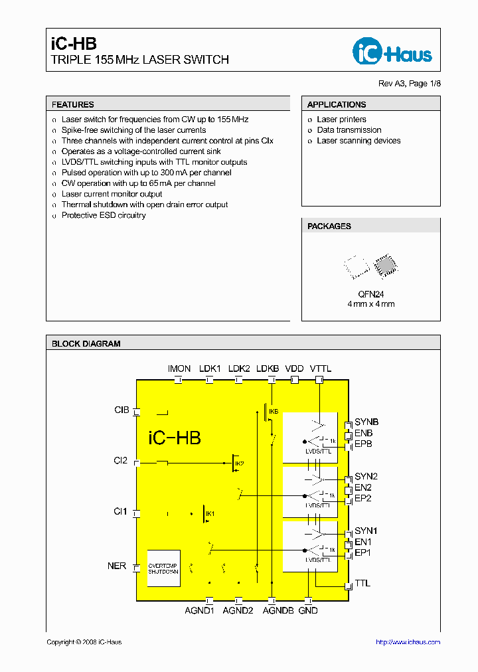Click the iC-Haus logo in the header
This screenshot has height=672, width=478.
coord(392,51)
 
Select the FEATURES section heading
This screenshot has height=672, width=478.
coord(73,104)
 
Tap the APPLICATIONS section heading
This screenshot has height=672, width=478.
coord(337,104)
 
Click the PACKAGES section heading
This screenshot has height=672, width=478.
coord(329,226)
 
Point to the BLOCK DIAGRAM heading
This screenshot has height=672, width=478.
coord(86,343)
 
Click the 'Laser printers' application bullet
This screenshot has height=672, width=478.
coord(341,120)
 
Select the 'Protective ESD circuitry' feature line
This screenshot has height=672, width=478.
coord(104,216)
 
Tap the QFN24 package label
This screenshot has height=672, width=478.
coord(370,294)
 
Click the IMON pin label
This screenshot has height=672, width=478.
coord(179,369)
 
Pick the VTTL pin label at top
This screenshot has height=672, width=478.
coord(321,369)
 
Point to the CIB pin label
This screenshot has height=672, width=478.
coord(121,410)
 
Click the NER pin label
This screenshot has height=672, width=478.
coord(117,566)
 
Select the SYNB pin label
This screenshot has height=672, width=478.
coord(366,422)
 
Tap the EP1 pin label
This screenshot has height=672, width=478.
coord(362,552)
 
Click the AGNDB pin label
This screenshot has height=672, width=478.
coord(278,610)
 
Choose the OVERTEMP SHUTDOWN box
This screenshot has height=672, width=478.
coord(163,568)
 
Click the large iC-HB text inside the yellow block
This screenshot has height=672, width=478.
coord(175,438)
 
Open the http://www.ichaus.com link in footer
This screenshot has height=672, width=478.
coord(408,642)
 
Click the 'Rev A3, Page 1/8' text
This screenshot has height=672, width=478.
coord(409,84)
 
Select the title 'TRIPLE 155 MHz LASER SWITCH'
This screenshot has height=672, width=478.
coord(140,60)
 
